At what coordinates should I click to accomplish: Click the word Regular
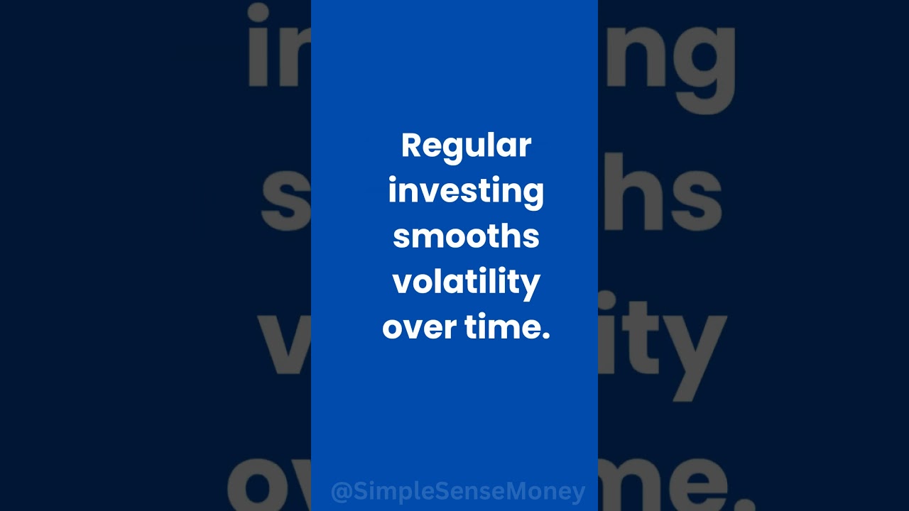pos(466,146)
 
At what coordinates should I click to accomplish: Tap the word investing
pos(466,192)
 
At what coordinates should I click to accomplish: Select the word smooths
pos(466,236)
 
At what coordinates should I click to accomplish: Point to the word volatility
pos(466,282)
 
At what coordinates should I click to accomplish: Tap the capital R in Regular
pos(411,145)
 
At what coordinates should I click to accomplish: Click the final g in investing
pos(535,194)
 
